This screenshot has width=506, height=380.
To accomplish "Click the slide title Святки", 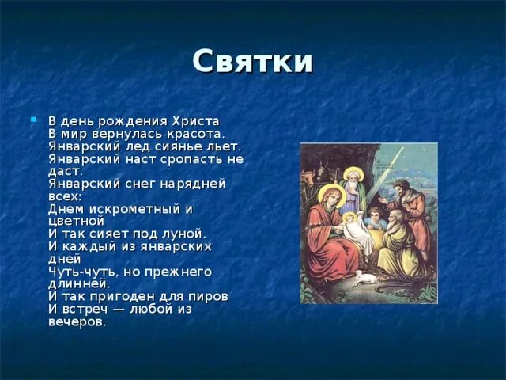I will point(253,61).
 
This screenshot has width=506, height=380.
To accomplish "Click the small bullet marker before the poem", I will point(33,119).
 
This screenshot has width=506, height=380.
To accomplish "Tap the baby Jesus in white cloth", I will point(349,226).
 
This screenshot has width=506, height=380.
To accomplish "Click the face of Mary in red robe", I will point(330,196).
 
